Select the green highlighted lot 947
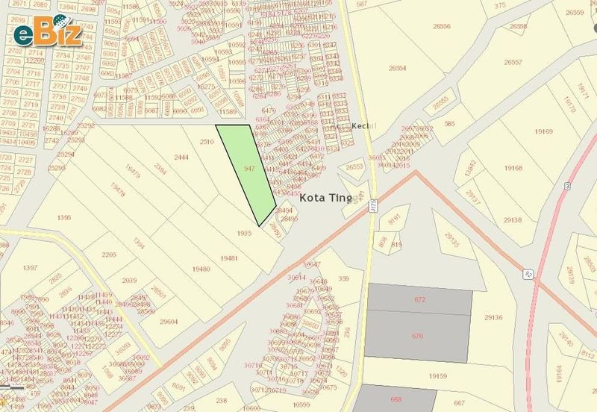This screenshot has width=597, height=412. [x=250, y=170]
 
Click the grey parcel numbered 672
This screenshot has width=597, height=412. [x=420, y=299]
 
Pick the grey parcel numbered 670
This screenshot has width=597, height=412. [x=417, y=336]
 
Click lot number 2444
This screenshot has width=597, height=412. [x=181, y=157]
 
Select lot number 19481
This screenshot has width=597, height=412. [x=228, y=257]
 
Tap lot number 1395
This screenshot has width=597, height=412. [x=64, y=217]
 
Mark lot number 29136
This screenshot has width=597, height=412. [x=493, y=317]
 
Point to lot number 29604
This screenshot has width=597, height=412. [x=169, y=322]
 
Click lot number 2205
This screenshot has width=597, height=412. [x=109, y=255]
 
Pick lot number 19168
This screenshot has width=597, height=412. [x=513, y=169]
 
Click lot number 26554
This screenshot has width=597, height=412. [x=397, y=68]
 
